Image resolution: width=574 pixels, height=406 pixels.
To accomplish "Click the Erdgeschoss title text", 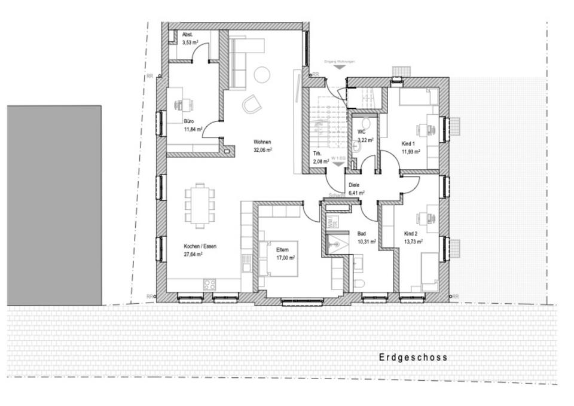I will pos(413,358).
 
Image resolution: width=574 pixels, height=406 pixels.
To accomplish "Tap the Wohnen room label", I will pos(262,142).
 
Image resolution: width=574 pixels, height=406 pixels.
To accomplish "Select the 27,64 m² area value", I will pos(193,254).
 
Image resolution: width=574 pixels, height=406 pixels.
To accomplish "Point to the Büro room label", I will pos(189,121).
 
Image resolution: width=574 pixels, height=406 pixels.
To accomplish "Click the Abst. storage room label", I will pos(188,35).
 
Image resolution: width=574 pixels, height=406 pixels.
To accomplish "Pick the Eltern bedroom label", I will pos(282,251).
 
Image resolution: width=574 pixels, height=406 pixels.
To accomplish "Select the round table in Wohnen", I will pos(262,75).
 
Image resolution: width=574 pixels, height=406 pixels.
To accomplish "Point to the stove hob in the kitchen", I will pos(210,285).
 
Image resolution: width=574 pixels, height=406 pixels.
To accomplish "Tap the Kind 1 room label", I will pos(408,144).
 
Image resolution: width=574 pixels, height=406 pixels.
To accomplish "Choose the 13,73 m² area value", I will pos(413,241).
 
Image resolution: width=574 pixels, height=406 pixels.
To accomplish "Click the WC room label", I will pos(362,132).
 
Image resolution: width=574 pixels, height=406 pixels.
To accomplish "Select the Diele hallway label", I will pos(354,185).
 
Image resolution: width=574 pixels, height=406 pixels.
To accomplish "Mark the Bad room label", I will pos(361,233).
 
